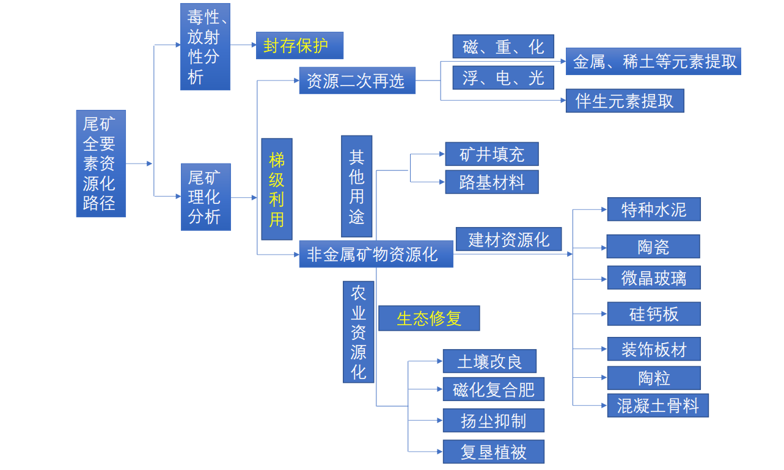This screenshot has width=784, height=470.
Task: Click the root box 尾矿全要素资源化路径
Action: (101, 164)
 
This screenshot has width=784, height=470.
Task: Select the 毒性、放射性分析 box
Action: (205, 46)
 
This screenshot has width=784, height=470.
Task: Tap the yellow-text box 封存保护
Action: (299, 46)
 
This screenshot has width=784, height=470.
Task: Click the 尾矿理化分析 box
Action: (205, 197)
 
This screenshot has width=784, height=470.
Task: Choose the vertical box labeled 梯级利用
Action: (277, 189)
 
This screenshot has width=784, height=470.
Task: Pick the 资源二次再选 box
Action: (357, 81)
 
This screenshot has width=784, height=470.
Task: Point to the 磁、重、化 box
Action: (503, 46)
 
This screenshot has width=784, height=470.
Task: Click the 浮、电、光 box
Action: (503, 78)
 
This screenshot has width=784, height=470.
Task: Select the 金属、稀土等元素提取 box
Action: (653, 62)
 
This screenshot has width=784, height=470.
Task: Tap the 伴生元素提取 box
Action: (625, 101)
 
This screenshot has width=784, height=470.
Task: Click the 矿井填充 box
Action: (492, 154)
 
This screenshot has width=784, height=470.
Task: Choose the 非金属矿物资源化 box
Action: (376, 254)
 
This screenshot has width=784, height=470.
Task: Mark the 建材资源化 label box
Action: (508, 239)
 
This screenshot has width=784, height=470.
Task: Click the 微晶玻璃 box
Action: (653, 278)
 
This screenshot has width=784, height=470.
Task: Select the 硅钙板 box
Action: (653, 314)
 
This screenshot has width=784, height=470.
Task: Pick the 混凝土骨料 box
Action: (658, 406)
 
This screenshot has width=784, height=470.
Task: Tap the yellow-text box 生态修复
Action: (429, 319)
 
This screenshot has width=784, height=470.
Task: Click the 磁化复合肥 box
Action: (493, 389)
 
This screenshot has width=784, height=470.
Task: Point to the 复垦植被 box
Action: (493, 452)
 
